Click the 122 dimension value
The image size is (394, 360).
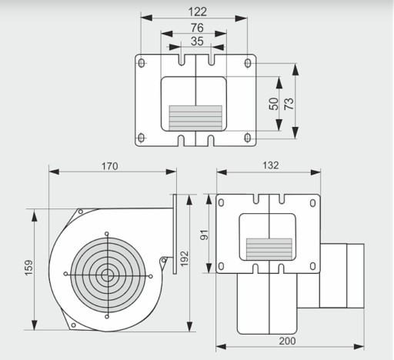(x=197, y=12)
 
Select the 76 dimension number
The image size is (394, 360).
(x=197, y=28)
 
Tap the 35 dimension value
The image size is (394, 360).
(x=197, y=42)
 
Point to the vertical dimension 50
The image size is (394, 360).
(x=274, y=104)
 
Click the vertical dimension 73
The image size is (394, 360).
(x=289, y=104)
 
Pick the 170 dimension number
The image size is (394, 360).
(x=110, y=166)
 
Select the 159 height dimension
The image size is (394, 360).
(x=29, y=268)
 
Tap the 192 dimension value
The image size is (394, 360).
(x=184, y=259)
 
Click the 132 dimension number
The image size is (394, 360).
(x=271, y=165)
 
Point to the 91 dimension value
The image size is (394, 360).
(x=205, y=235)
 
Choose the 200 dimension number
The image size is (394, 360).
(x=288, y=341)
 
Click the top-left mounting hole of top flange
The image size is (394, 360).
(x=142, y=63)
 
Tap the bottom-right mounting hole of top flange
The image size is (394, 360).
(x=248, y=138)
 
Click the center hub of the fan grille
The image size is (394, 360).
(x=107, y=275)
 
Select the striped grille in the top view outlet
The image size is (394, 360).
(x=195, y=117)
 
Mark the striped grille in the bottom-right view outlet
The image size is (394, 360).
(x=269, y=248)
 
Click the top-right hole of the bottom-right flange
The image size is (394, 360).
(x=312, y=203)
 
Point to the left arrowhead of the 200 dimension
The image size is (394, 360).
(x=221, y=347)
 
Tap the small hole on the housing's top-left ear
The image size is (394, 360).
(x=81, y=212)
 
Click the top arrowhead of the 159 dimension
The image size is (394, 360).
(x=34, y=215)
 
